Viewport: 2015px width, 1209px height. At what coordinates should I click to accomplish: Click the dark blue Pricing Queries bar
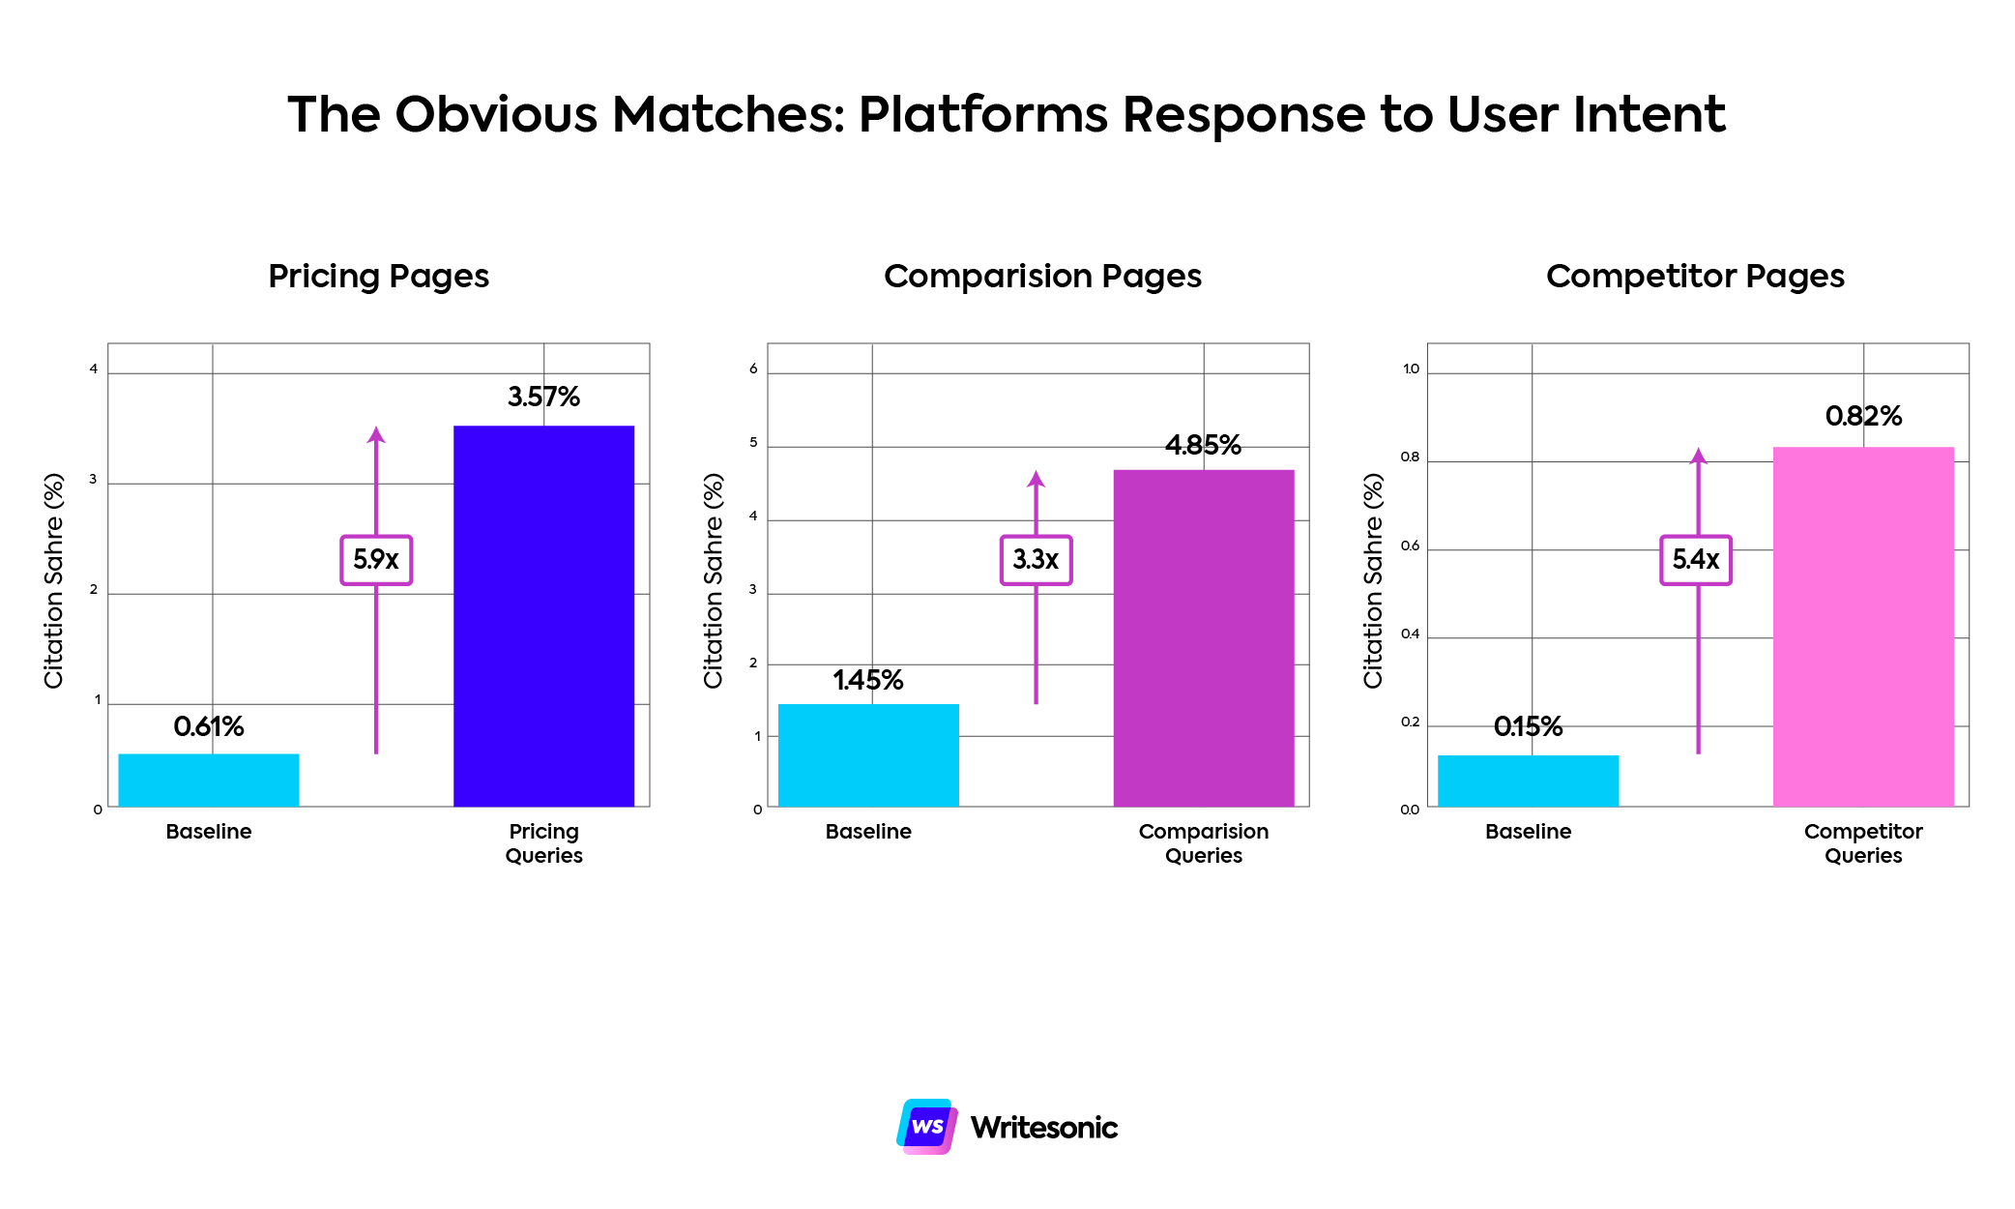(x=543, y=615)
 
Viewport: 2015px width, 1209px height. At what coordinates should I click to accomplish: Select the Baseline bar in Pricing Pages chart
(x=208, y=780)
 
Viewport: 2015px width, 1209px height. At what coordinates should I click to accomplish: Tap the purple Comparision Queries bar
(x=1203, y=637)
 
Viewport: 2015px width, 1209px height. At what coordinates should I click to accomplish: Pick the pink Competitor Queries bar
(x=1862, y=626)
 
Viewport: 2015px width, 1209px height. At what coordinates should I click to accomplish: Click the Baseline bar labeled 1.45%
(x=867, y=754)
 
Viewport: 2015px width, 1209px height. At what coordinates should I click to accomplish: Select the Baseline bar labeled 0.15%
(x=1527, y=781)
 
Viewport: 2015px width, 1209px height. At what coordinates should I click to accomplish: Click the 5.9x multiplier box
(x=376, y=560)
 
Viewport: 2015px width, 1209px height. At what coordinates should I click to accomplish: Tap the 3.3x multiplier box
(x=1036, y=560)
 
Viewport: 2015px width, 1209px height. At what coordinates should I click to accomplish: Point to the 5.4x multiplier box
(x=1695, y=560)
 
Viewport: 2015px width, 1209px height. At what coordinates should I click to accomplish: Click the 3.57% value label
(x=543, y=397)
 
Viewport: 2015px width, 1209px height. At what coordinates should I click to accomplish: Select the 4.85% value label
(x=1203, y=445)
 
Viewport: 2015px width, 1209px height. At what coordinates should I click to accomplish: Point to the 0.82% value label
(x=1862, y=416)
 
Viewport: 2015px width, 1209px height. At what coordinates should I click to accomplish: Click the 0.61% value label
(x=209, y=726)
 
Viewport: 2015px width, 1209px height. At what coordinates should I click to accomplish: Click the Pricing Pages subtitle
(x=378, y=277)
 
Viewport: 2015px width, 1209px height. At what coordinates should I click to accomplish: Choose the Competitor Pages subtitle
(x=1695, y=277)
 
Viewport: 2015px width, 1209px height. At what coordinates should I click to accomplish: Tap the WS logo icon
(x=926, y=1126)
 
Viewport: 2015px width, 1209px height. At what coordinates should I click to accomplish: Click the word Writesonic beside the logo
(x=1043, y=1128)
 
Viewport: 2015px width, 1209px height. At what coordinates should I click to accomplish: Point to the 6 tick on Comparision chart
(x=753, y=369)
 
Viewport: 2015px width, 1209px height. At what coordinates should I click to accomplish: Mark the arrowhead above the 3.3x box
(x=1036, y=479)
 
